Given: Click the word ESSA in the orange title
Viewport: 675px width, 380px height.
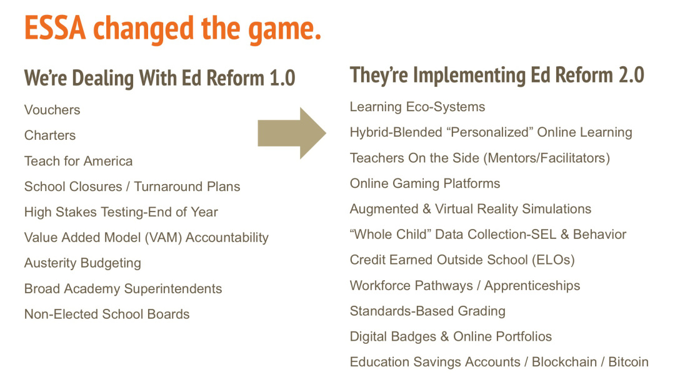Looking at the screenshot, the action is click(x=55, y=28).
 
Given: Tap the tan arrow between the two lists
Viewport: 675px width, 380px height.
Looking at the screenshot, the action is click(x=292, y=134).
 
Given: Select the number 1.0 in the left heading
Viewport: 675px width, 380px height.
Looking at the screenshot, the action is click(x=282, y=78).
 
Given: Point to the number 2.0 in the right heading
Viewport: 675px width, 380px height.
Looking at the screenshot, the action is click(x=631, y=75).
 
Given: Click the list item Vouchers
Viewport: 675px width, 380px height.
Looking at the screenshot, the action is click(x=52, y=110).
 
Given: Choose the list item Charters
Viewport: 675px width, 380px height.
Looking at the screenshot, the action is click(x=50, y=135).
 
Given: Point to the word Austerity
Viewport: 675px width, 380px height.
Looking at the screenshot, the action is click(x=51, y=263).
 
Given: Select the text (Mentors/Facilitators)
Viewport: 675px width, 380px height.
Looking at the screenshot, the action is click(x=547, y=158).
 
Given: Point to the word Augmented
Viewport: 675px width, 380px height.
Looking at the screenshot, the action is click(x=384, y=210).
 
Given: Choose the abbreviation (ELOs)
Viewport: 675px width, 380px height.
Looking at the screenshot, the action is click(x=553, y=260).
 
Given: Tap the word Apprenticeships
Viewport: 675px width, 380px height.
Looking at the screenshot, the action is click(x=532, y=286).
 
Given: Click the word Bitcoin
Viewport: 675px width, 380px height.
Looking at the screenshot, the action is click(x=628, y=362).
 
